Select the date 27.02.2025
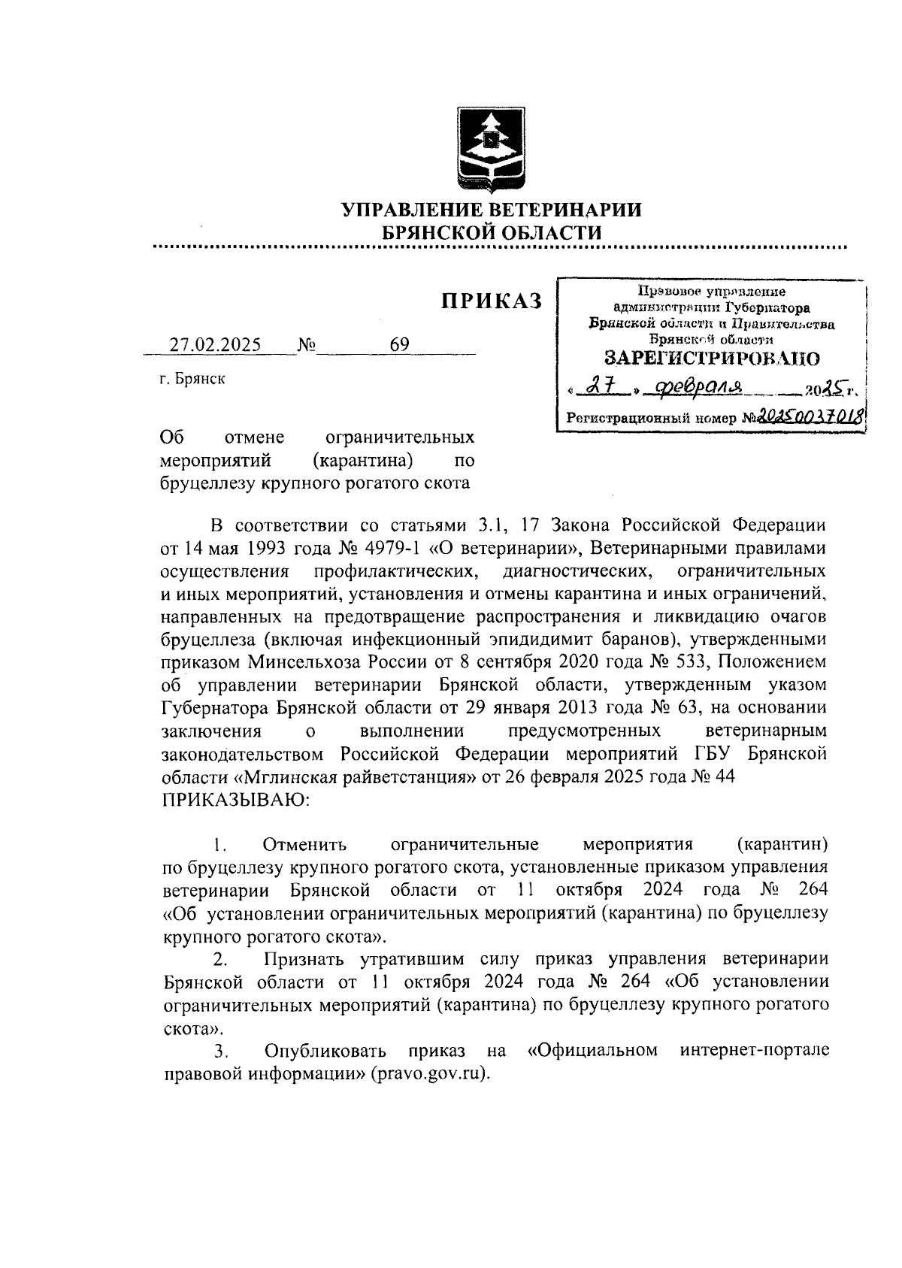click(x=215, y=345)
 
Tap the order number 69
click(x=399, y=345)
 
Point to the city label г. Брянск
click(x=192, y=380)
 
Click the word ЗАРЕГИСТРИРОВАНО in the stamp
click(x=712, y=358)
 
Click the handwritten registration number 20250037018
click(x=811, y=416)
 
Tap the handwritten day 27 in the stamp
click(x=598, y=387)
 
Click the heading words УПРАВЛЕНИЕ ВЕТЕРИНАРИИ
click(x=492, y=210)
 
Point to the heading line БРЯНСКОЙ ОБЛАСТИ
click(x=492, y=233)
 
